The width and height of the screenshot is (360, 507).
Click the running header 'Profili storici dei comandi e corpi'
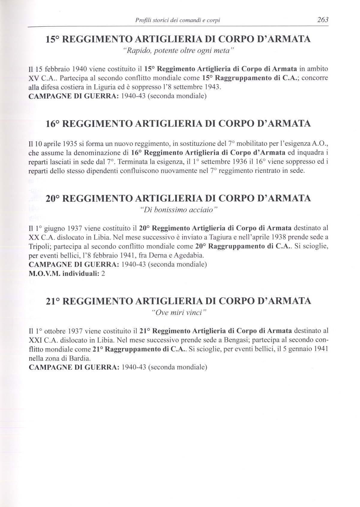click(x=178, y=20)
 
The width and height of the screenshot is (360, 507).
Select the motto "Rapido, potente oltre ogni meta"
click(x=178, y=50)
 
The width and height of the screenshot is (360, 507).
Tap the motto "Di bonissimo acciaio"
click(x=178, y=209)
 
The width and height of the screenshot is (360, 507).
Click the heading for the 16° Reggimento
click(x=178, y=124)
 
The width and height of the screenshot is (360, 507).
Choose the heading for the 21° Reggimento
click(x=178, y=301)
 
